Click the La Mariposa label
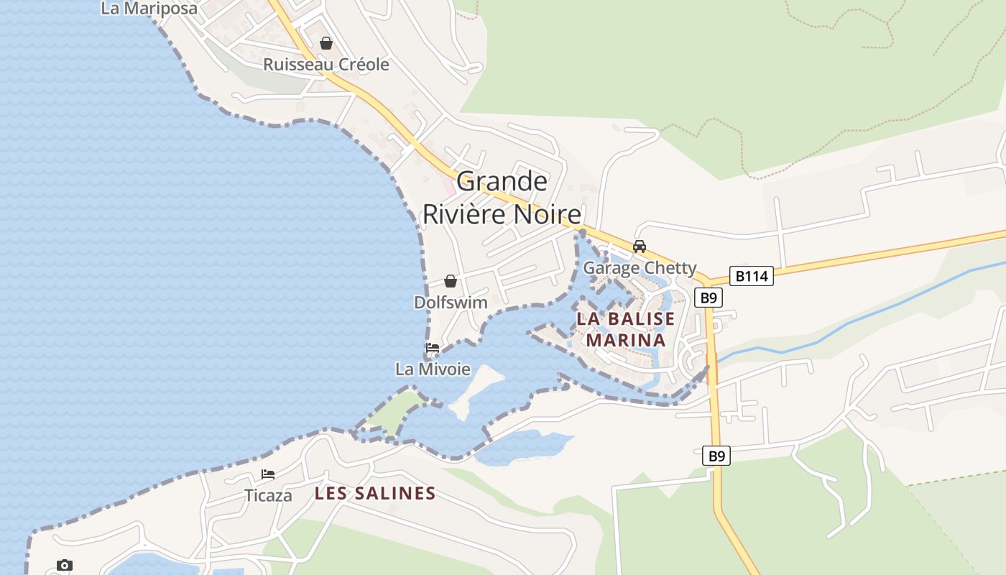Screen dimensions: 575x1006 coord(149,9)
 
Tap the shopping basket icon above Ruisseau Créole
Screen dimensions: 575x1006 coord(326,43)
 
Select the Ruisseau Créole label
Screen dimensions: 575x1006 coord(326,65)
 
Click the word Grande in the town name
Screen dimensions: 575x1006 coord(502,181)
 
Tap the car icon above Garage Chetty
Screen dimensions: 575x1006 coord(639,247)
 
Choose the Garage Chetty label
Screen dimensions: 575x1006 coord(640,268)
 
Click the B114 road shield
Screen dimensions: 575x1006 coord(752,276)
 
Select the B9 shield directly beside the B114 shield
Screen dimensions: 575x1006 coord(709,297)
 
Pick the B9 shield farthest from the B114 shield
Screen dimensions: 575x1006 coord(716,455)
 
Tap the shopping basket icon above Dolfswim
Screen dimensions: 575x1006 coord(451,281)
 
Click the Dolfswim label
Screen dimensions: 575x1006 coord(451,303)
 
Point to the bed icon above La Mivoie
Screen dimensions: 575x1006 coord(433,348)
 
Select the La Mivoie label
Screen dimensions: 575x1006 coord(433,369)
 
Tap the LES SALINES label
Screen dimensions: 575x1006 coord(375,493)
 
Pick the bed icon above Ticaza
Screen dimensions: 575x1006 coord(268,474)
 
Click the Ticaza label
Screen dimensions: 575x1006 coord(268,496)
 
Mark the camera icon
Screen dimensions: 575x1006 coord(65,566)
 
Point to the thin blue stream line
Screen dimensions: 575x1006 coord(848,323)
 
